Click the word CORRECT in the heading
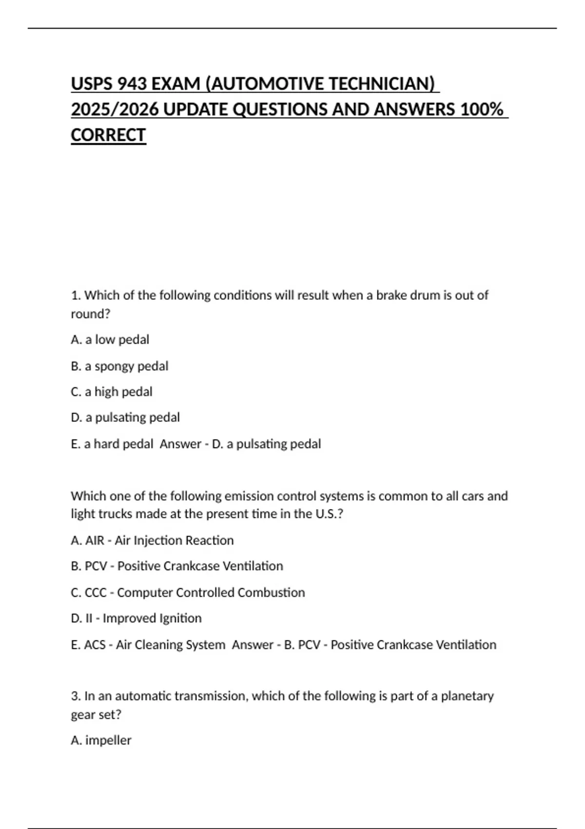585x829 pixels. pos(108,135)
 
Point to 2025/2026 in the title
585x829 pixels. pos(115,109)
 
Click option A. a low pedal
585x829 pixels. pos(110,339)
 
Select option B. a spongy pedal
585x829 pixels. pos(119,366)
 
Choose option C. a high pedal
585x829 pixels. pos(111,392)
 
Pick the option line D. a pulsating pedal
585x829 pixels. pos(125,417)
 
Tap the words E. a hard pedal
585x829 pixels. pos(112,444)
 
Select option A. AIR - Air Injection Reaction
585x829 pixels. pos(152,540)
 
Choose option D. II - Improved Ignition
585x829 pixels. pos(136,618)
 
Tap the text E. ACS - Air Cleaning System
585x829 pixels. pos(148,645)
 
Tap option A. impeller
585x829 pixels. pos(101,740)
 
